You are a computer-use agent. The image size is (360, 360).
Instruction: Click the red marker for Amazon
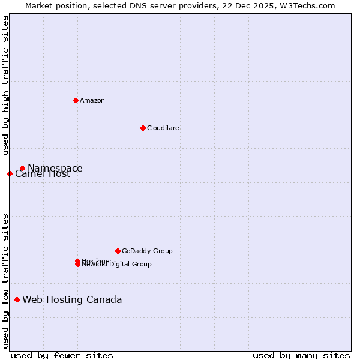tap(76, 100)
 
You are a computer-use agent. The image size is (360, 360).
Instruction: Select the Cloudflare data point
tap(143, 128)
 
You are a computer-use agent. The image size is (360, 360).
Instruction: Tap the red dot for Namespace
tap(22, 169)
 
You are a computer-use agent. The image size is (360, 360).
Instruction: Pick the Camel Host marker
tap(10, 173)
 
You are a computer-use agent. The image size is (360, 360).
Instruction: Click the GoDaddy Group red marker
tap(118, 251)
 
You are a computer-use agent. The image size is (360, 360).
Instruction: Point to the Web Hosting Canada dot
tap(17, 299)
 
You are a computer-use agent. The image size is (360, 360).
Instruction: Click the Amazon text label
tap(92, 100)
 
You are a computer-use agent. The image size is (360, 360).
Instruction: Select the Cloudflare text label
tap(163, 128)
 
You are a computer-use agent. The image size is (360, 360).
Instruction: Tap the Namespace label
tap(55, 169)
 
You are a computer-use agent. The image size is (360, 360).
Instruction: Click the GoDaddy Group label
tap(147, 251)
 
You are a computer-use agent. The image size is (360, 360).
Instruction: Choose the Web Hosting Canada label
tap(72, 300)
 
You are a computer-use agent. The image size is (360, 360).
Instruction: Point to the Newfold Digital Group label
tap(117, 265)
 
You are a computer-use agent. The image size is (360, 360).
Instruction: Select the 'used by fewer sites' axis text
tap(61, 356)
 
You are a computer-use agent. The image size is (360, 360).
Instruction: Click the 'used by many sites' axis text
tap(301, 356)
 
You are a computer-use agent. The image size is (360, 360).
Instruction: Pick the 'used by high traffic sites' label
tap(6, 85)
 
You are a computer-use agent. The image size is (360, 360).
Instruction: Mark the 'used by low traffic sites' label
tap(6, 281)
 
